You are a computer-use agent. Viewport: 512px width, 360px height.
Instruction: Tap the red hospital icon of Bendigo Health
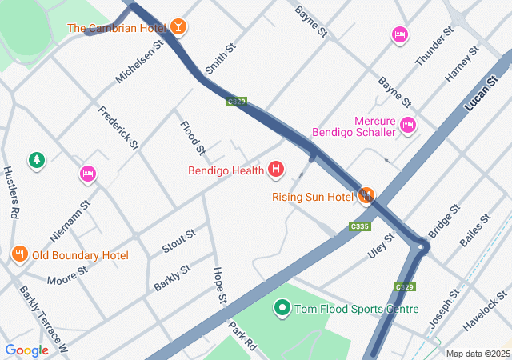(x=276, y=170)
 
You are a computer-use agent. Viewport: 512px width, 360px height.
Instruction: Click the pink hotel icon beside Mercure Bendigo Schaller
(x=408, y=125)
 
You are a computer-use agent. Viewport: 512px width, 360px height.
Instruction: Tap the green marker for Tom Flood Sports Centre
(x=282, y=308)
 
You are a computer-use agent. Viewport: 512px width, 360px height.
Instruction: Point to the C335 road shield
(x=360, y=226)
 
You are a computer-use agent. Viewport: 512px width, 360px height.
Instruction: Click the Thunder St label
(x=434, y=47)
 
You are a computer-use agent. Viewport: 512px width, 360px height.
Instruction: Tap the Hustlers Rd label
(x=10, y=193)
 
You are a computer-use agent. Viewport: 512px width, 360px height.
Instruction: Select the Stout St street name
(x=179, y=242)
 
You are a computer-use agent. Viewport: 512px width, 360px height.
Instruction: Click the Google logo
(x=26, y=350)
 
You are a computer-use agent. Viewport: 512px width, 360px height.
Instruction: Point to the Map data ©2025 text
(x=477, y=354)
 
